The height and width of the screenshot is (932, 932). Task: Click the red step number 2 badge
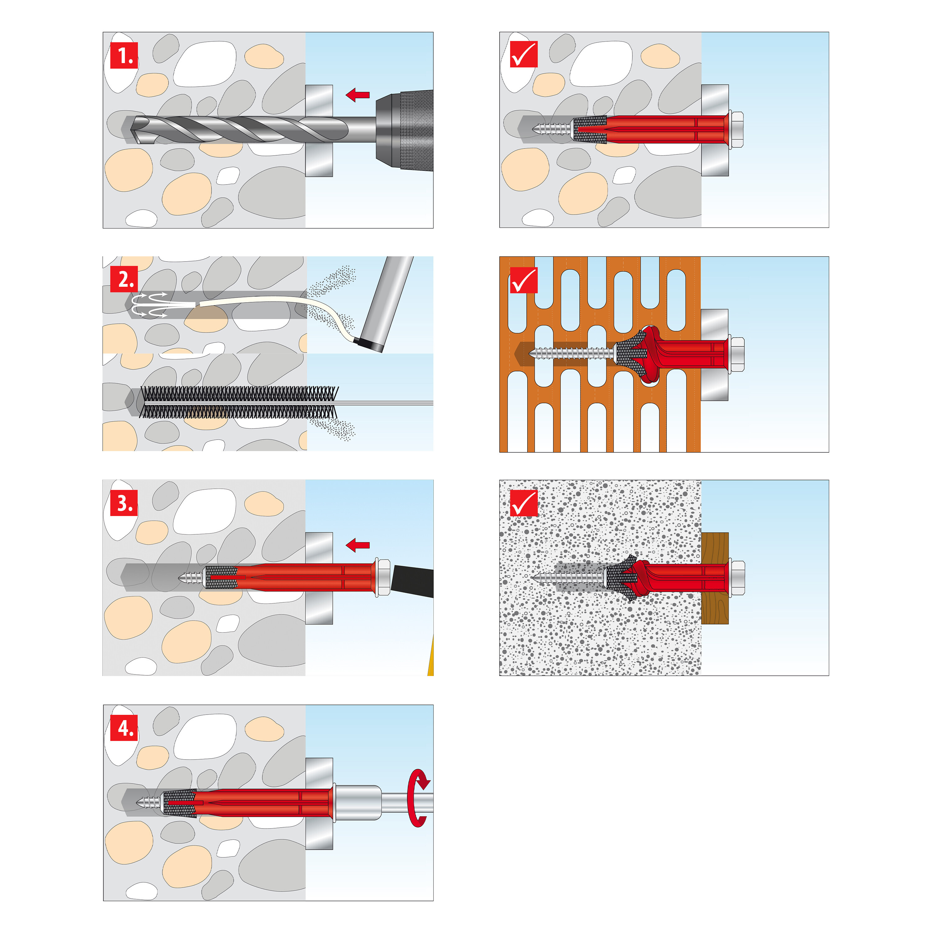[124, 279]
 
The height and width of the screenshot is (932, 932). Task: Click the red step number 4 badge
[124, 728]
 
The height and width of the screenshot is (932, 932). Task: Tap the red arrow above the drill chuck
[358, 95]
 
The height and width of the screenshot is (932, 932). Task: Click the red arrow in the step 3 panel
[358, 546]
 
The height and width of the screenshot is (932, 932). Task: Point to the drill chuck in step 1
[404, 131]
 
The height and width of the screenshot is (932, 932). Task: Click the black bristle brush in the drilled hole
[239, 402]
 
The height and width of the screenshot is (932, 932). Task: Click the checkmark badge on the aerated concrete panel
[523, 503]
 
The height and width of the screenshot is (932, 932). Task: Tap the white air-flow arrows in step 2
[149, 304]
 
